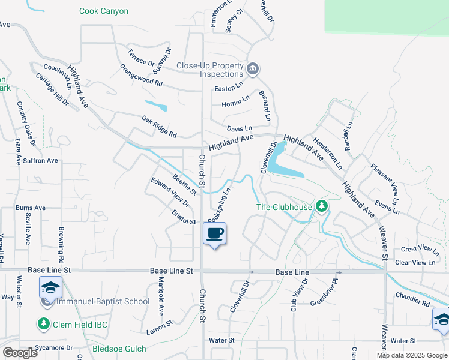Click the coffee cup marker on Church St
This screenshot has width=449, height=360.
coord(215,233)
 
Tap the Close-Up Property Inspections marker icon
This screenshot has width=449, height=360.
coord(253,70)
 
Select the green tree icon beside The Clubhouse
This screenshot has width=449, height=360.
coord(322,207)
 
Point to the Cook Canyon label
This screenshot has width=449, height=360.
coord(104,11)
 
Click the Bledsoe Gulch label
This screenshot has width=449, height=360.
coord(119,349)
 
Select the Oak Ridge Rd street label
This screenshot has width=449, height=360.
coord(159,126)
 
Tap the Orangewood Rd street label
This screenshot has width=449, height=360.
coord(141,76)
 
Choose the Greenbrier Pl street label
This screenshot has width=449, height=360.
coord(325,295)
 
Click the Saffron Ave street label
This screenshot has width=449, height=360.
coord(40,161)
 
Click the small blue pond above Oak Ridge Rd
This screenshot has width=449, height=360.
coord(156,107)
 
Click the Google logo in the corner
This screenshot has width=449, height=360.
coord(19,353)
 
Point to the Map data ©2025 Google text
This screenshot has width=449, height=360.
coord(411,355)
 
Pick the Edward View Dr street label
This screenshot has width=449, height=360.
coord(170,192)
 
